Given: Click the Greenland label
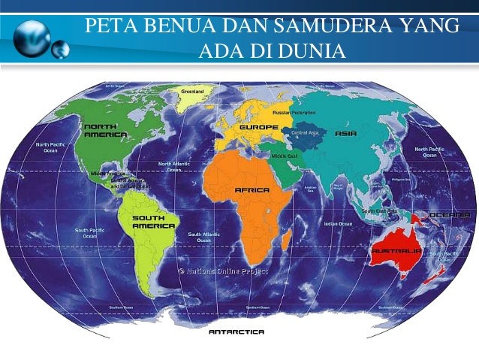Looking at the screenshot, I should (x=192, y=91).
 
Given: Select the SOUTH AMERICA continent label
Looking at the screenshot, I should (x=153, y=221).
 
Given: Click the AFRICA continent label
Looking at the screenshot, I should (x=252, y=190).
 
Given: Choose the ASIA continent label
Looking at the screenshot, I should (x=346, y=133).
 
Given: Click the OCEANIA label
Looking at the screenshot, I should (x=451, y=214).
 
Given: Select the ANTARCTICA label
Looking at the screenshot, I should (x=236, y=331).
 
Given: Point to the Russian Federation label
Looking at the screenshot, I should (x=294, y=113).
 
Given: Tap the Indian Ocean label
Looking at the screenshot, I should (x=338, y=223).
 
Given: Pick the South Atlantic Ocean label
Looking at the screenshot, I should (x=203, y=237).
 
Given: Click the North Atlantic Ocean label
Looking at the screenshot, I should (x=174, y=166).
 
